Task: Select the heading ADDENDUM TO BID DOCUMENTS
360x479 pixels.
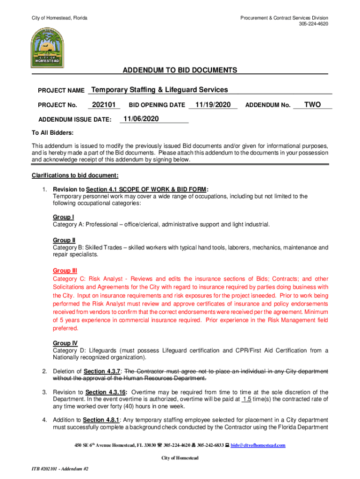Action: click(x=180, y=70)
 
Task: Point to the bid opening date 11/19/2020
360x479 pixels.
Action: click(x=213, y=105)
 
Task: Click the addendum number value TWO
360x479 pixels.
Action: click(x=312, y=105)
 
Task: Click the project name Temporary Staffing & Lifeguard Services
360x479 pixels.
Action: click(x=159, y=90)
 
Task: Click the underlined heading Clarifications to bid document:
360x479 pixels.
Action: click(x=75, y=175)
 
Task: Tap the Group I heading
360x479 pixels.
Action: click(x=63, y=217)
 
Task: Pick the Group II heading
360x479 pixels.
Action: click(x=64, y=240)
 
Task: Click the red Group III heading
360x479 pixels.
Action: click(x=65, y=270)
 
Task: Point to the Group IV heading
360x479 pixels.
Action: click(x=65, y=343)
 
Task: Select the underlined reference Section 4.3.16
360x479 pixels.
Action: click(x=106, y=392)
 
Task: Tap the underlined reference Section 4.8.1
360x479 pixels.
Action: click(x=102, y=420)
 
